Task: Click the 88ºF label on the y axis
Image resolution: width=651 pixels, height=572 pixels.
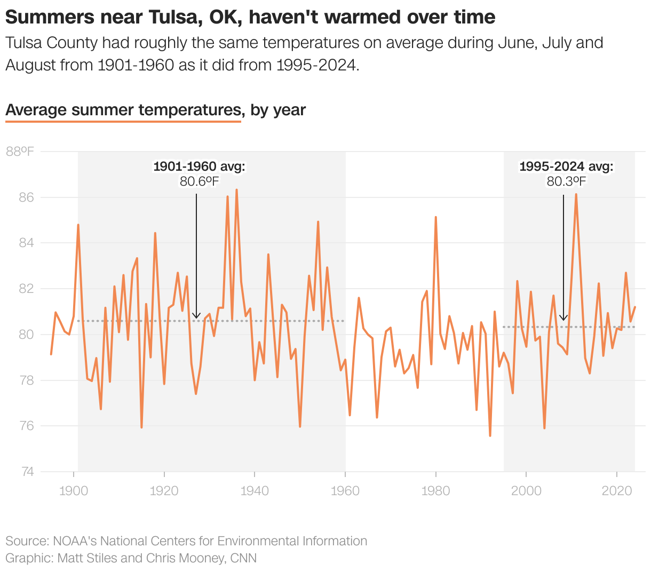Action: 20,152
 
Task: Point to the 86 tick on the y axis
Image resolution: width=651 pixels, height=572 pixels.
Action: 27,197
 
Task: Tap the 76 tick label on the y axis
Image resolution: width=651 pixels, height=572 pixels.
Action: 27,426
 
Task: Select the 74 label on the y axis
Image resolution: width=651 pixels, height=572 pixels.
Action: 27,472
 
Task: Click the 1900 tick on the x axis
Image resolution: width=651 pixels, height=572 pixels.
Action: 74,491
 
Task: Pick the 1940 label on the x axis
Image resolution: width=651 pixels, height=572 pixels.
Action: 255,491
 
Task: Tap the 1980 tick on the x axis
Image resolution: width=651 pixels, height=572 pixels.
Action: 435,491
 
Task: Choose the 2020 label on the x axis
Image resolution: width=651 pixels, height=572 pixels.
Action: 616,491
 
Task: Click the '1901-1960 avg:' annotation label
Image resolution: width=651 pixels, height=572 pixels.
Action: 199,166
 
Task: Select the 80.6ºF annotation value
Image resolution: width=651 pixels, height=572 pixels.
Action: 199,182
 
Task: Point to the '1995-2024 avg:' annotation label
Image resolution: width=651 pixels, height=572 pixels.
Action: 566,166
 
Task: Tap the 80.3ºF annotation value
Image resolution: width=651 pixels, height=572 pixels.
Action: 566,182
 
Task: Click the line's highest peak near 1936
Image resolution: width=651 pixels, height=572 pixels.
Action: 236,190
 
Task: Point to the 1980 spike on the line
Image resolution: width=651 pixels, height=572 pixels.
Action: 435,217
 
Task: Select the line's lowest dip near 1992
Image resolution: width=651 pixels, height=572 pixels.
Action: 490,435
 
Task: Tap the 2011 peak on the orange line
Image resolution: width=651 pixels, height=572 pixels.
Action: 576,194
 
